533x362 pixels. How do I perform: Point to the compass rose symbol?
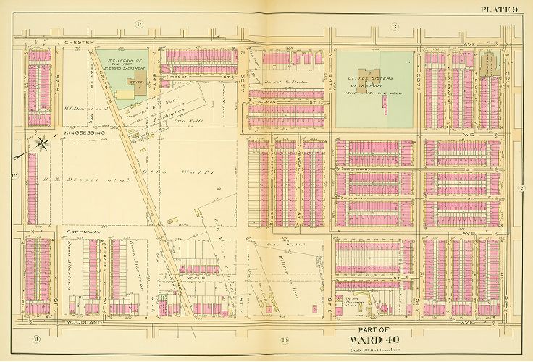(x=42, y=142)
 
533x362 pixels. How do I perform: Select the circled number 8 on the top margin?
(x=140, y=26)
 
